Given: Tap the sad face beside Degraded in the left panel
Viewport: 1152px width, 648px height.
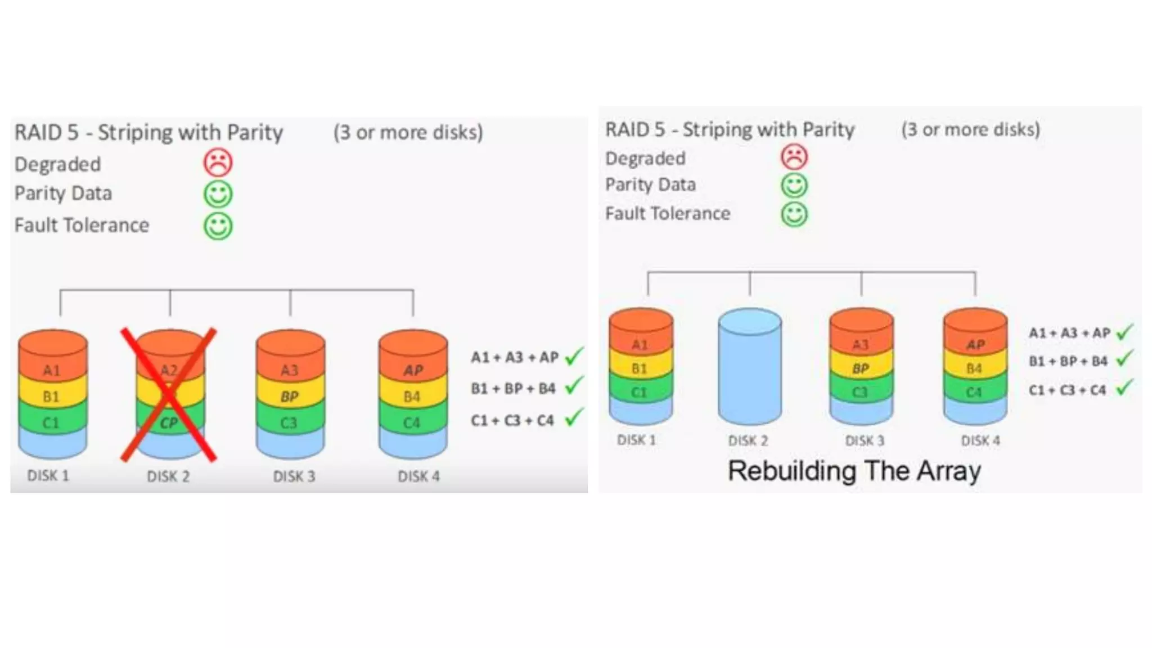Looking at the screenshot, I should (x=218, y=163).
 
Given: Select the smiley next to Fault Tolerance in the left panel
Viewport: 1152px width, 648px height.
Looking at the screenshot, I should (x=218, y=226).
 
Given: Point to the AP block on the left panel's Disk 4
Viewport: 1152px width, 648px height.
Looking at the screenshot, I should (x=413, y=370).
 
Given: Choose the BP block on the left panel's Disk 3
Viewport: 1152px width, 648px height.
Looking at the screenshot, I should (x=290, y=397).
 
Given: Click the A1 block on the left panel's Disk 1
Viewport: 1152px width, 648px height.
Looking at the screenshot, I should (x=52, y=370).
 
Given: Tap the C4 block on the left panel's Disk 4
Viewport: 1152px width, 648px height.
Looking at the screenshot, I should (x=412, y=422).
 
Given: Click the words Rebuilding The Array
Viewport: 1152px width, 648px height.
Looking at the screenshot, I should (x=854, y=471).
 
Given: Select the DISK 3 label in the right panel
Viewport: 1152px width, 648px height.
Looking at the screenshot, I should (x=865, y=440).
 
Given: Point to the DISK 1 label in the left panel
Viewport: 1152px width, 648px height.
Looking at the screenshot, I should (x=48, y=476).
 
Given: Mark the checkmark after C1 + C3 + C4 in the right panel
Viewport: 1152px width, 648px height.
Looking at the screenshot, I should (x=1124, y=388).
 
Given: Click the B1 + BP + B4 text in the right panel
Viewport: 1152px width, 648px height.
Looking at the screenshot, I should (x=1068, y=361).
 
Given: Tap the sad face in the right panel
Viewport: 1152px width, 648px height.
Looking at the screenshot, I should (x=794, y=157).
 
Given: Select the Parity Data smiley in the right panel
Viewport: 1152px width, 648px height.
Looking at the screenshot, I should (x=794, y=185).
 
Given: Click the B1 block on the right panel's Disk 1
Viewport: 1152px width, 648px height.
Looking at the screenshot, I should (x=640, y=368).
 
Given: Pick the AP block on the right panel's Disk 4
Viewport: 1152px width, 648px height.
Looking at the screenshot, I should (x=975, y=344).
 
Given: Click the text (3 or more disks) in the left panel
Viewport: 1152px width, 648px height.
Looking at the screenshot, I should (x=408, y=132).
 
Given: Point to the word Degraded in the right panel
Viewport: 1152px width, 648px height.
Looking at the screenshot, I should (x=645, y=159).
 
